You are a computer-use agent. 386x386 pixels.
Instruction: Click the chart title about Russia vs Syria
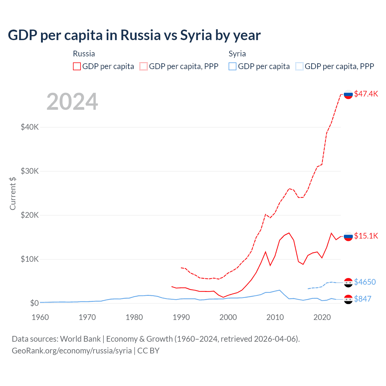(134, 35)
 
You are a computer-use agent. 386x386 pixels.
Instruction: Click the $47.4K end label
(366, 94)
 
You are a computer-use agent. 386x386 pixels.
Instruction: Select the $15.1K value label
(366, 236)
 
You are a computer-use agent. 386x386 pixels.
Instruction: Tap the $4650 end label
(365, 282)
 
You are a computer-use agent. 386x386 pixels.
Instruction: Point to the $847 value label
(362, 299)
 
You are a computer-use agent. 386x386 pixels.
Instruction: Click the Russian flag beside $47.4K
(348, 94)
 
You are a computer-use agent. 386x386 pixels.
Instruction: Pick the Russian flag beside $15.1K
(348, 236)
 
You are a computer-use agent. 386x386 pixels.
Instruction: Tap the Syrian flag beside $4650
(348, 283)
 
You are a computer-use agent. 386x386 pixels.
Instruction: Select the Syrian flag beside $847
(348, 299)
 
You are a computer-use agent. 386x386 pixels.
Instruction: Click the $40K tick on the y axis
(30, 127)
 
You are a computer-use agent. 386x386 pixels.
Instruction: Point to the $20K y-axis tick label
(30, 215)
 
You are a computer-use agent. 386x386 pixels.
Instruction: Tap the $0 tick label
(34, 303)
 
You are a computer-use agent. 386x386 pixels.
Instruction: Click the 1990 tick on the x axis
(181, 317)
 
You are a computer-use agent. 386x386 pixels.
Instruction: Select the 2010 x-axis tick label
(275, 317)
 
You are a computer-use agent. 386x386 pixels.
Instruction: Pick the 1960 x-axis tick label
(40, 317)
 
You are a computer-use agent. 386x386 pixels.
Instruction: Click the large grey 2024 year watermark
(72, 102)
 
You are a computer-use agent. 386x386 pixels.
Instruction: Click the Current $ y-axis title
(13, 193)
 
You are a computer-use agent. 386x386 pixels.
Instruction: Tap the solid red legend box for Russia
(77, 66)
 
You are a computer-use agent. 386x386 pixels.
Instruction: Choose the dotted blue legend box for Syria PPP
(299, 66)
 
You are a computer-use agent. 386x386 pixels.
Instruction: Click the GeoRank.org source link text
(72, 351)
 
